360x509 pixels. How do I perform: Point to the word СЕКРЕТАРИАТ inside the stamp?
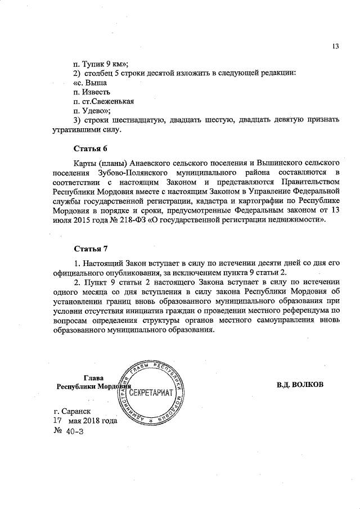point(151,391)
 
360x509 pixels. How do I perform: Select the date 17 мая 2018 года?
point(85,421)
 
